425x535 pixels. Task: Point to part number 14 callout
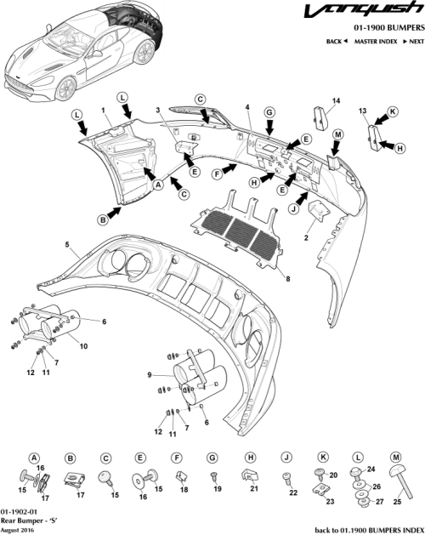point(335,101)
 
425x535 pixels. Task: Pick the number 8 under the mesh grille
point(287,276)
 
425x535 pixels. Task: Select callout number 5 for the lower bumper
point(66,244)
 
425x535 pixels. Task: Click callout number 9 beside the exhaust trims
point(149,373)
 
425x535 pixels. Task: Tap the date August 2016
point(18,530)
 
